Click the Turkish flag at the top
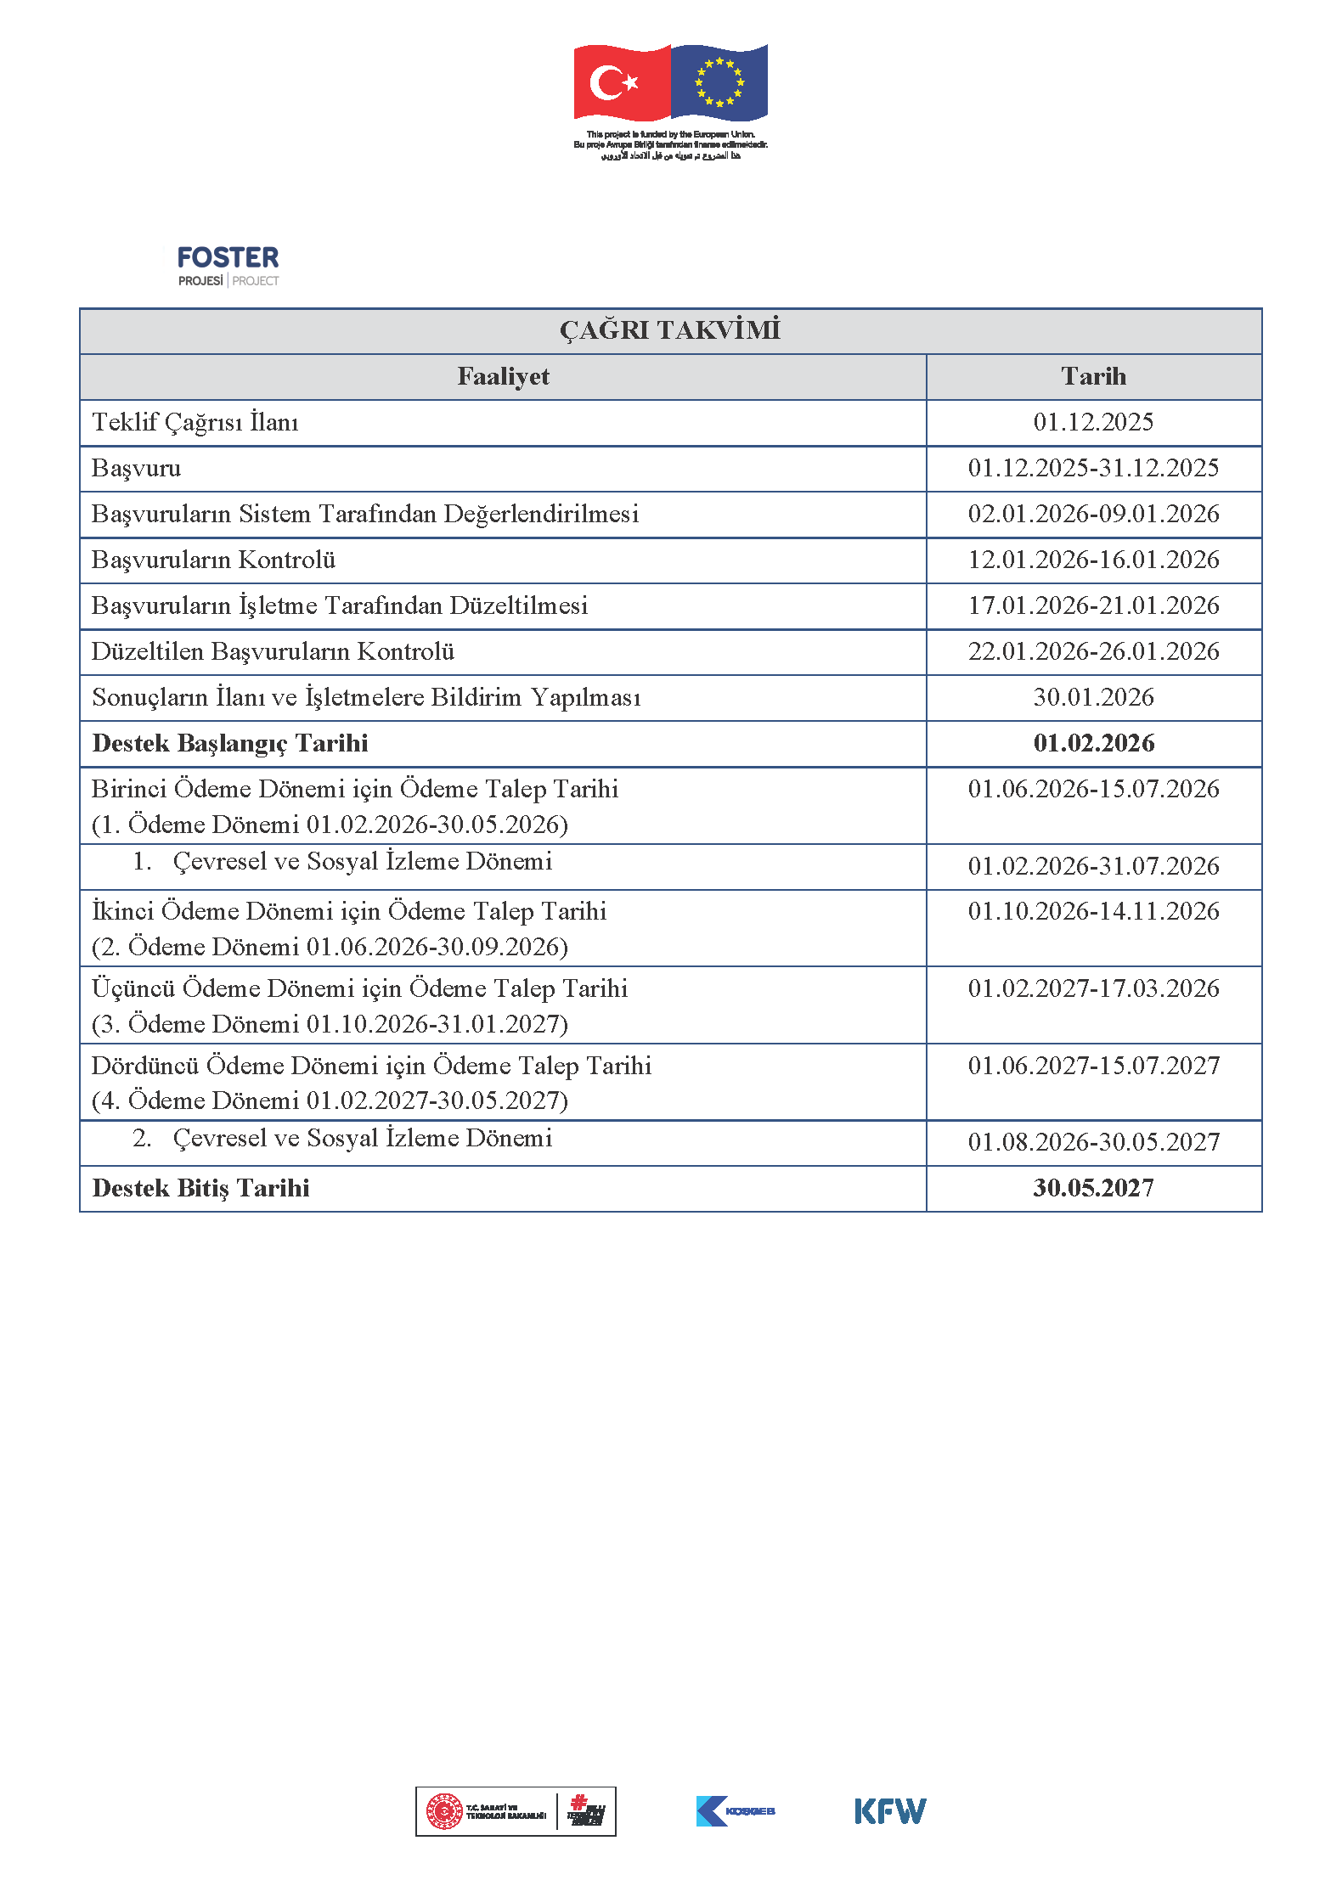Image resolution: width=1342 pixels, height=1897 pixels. (621, 82)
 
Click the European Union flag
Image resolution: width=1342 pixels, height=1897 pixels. (719, 82)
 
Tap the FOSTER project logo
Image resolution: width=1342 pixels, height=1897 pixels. (228, 266)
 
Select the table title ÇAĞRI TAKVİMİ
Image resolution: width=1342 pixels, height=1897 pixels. (670, 330)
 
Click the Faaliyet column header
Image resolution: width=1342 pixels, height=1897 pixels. (503, 376)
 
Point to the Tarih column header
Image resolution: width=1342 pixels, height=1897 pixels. (1093, 376)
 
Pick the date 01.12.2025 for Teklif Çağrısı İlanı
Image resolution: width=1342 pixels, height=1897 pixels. (1093, 422)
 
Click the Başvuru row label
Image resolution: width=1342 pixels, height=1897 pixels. (137, 468)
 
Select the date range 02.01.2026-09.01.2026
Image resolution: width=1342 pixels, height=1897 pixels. (1093, 514)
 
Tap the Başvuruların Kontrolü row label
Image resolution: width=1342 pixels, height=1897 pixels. (213, 560)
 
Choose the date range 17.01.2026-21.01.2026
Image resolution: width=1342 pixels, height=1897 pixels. (1093, 605)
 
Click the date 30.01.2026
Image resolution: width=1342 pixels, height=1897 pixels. (1093, 697)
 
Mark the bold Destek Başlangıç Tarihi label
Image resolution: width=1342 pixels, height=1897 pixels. (230, 743)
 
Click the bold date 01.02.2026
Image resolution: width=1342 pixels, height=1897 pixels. (1093, 743)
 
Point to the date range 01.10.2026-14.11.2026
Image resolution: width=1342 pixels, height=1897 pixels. (1093, 911)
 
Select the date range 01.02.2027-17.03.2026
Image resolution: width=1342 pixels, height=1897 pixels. (1093, 988)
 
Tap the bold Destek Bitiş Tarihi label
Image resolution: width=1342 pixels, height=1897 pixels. (200, 1188)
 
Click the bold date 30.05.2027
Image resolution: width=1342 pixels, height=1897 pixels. (1093, 1188)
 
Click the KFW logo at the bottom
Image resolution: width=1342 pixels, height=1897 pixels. (890, 1811)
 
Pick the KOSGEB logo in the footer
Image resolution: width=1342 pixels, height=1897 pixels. (736, 1811)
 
